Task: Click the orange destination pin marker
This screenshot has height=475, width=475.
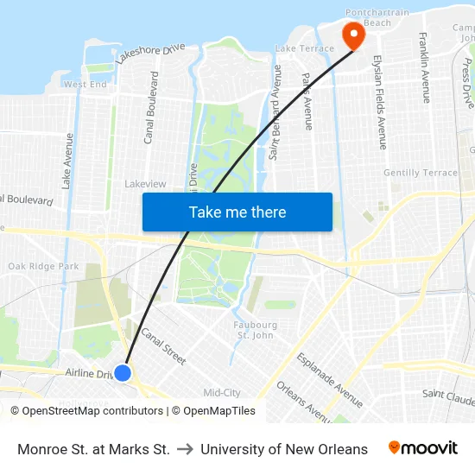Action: pyautogui.click(x=353, y=35)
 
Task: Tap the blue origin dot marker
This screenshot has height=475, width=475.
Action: pyautogui.click(x=123, y=373)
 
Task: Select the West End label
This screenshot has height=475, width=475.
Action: pyautogui.click(x=85, y=85)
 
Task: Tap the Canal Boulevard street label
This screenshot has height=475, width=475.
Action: pyautogui.click(x=150, y=107)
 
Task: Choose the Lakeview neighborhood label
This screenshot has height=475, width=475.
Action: pyautogui.click(x=145, y=184)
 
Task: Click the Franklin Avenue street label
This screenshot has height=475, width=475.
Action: pyautogui.click(x=424, y=68)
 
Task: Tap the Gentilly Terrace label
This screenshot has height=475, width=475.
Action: pyautogui.click(x=420, y=173)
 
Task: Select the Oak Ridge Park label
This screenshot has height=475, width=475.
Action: pyautogui.click(x=43, y=266)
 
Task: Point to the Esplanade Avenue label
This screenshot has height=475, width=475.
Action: pyautogui.click(x=328, y=379)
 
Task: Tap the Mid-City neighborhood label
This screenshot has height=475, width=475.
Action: pyautogui.click(x=222, y=393)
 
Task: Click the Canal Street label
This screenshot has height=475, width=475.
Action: pyautogui.click(x=162, y=346)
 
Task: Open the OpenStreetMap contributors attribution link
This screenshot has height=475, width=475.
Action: pyautogui.click(x=92, y=411)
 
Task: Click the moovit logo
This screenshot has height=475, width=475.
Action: pyautogui.click(x=423, y=448)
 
